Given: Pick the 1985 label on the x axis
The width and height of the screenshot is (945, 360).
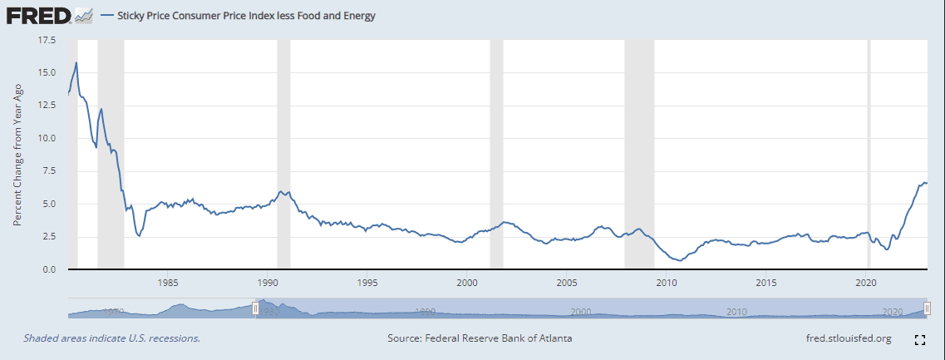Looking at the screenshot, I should click(167, 283).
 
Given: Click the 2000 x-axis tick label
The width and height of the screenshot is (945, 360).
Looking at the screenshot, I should click(467, 283).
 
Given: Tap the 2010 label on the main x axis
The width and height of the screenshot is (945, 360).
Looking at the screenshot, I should click(667, 283).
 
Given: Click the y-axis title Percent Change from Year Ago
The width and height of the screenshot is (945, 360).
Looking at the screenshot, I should click(17, 155).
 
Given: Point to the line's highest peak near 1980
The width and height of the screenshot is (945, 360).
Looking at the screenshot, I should click(76, 62).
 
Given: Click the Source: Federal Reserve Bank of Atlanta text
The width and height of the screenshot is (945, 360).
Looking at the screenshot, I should click(480, 339).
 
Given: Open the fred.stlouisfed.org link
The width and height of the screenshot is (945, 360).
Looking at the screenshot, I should click(849, 339).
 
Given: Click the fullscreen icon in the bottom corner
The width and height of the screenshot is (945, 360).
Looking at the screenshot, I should click(919, 340).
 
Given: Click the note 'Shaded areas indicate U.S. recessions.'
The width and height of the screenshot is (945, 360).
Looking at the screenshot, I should click(111, 339).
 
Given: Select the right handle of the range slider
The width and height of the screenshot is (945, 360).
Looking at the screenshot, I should click(928, 308).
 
